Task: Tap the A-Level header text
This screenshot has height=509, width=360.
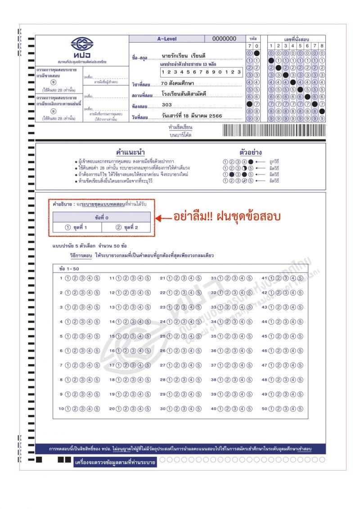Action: (x=166, y=39)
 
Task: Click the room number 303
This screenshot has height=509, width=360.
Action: (x=166, y=105)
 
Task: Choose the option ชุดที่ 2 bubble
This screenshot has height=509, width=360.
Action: (x=119, y=228)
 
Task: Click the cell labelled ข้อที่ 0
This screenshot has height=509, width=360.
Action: (x=102, y=217)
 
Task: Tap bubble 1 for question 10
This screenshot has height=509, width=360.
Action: (x=68, y=409)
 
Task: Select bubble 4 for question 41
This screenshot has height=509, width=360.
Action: (x=293, y=278)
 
